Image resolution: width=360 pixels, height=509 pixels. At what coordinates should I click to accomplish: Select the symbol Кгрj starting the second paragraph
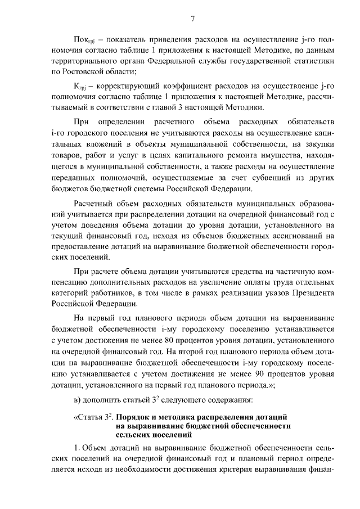click(x=83, y=85)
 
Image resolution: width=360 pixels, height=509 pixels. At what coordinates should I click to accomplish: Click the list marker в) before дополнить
click(x=79, y=400)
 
